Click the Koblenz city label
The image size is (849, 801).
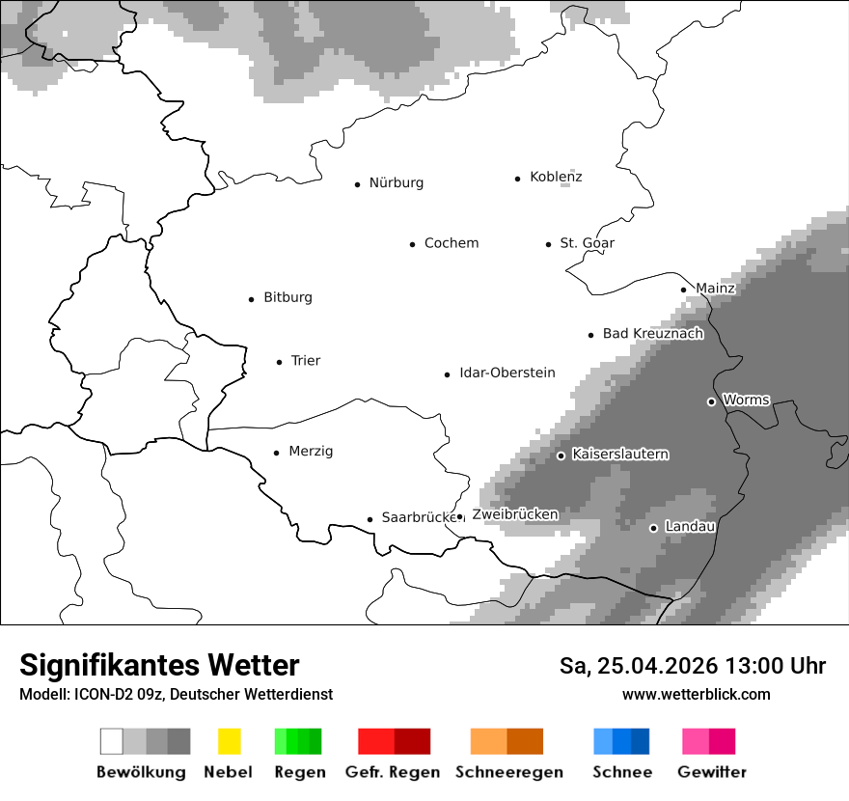pos(556,177)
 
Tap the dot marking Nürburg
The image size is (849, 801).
pos(357,183)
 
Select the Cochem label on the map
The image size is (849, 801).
pos(451,243)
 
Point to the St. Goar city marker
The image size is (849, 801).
pos(548,244)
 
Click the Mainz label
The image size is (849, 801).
pos(715,289)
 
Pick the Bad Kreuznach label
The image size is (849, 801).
pos(652,334)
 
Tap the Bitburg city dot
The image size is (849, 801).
pos(251,299)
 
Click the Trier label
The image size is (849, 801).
pos(305,361)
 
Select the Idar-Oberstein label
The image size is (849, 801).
pos(507,373)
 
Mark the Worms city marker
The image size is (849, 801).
pos(711,401)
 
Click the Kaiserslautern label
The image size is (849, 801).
pos(619,455)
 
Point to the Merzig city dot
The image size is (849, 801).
pos(276,452)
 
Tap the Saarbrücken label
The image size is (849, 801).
pos(418,517)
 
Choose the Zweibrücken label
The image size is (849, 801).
pos(514,514)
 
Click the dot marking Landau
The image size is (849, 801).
pos(653,528)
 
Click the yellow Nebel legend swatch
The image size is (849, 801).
pos(229,741)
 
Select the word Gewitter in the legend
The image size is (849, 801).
pos(711,772)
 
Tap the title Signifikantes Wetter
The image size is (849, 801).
pos(159,665)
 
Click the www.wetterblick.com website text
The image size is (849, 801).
pos(696,694)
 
